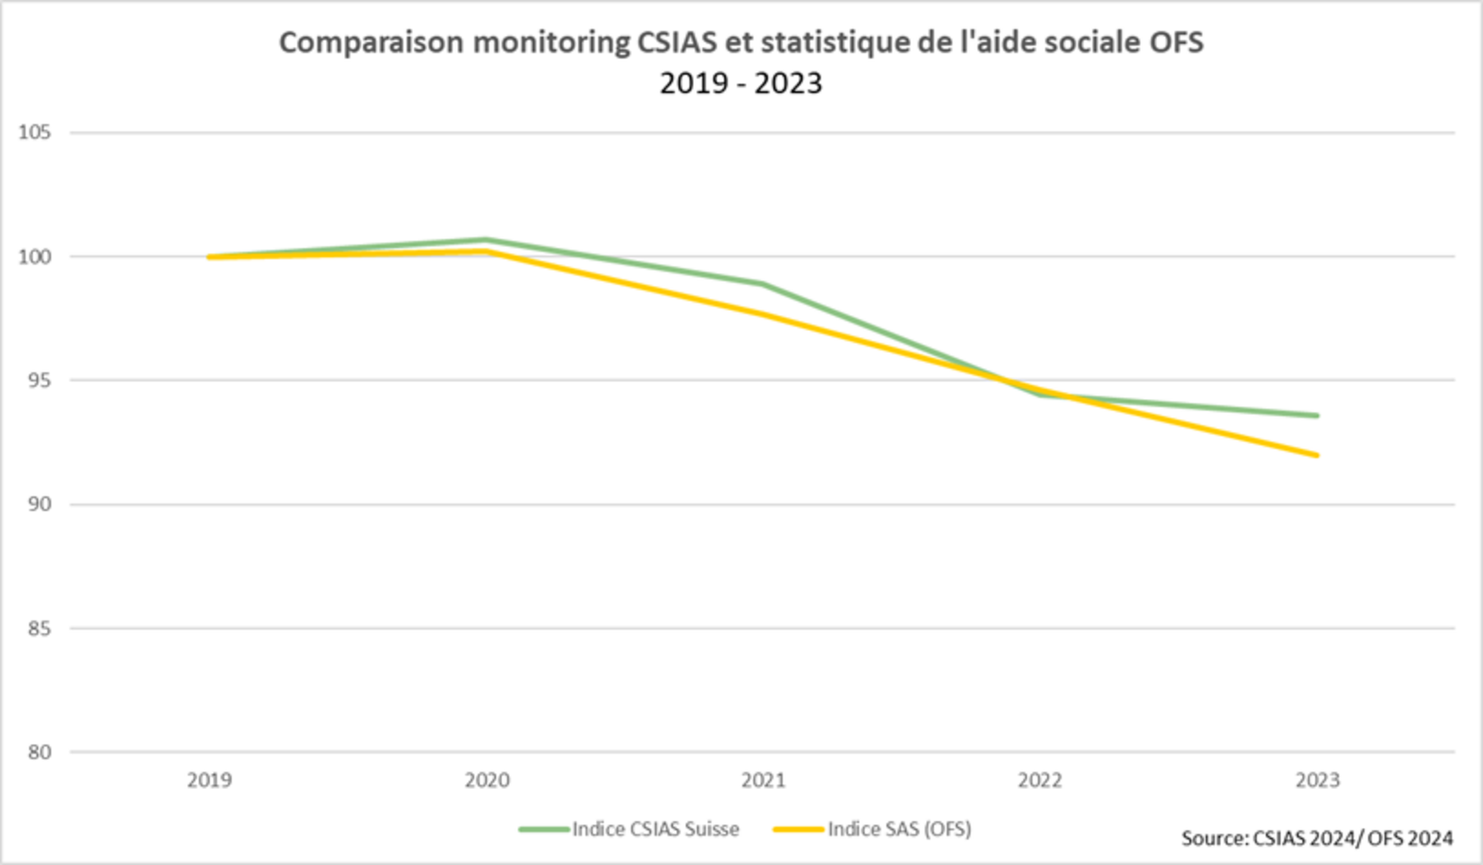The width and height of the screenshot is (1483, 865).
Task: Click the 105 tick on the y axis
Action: pos(34,132)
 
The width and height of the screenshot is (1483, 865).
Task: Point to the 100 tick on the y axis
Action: pos(34,257)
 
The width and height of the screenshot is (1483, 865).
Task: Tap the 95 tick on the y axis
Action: pos(38,380)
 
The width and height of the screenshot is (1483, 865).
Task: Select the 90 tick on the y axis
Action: pos(38,504)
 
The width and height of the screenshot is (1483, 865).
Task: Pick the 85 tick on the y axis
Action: pos(38,628)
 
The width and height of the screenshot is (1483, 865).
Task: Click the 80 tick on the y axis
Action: pos(38,752)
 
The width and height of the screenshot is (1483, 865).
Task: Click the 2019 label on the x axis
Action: pos(210,780)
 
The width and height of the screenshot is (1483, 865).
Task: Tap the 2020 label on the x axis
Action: pos(487,780)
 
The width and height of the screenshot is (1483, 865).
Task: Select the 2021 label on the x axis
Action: pos(764,780)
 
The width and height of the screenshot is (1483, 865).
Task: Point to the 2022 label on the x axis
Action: pos(1041,780)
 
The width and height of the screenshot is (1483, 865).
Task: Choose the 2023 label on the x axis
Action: pos(1317,780)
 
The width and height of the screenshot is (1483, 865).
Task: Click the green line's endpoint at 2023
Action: pos(1317,416)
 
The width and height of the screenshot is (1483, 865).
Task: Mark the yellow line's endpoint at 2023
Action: pos(1317,455)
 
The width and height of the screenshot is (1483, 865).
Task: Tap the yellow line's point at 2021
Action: pos(764,314)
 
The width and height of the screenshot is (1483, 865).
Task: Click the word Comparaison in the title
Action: pos(371,42)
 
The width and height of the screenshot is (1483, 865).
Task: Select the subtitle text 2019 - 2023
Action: pos(741,83)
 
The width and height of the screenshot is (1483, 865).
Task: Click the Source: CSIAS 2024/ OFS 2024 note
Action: pos(1317,838)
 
